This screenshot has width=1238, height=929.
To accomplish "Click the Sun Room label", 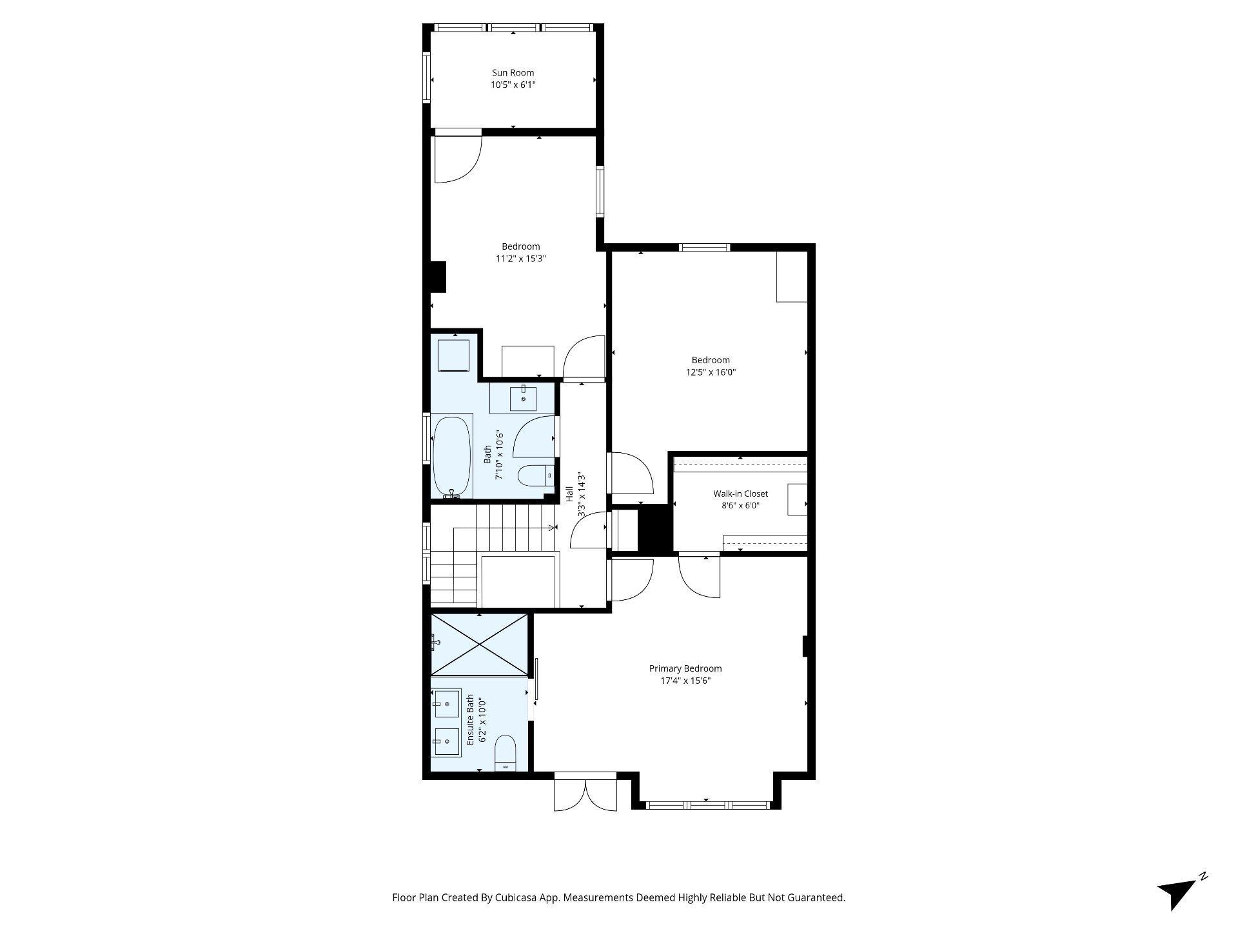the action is pos(513,73).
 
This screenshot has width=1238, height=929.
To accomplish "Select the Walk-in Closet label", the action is pos(740,494).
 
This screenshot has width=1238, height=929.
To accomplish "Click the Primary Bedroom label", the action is pos(685,669).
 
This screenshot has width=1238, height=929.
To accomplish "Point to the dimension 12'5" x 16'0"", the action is pos(711,372).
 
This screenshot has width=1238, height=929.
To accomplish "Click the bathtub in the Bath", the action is pos(451,457).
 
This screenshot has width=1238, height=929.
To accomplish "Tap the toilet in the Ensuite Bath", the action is pos(505,753).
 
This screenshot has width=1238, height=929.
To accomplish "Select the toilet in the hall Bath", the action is pos(536,475).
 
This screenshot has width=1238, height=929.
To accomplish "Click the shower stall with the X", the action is pos(479,645).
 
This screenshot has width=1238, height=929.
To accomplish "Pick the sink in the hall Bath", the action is pos(524,399).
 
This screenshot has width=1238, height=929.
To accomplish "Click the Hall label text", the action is pos(569,494).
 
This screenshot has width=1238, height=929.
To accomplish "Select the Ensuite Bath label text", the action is pos(470,720).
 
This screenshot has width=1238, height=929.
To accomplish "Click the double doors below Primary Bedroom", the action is pos(585,792).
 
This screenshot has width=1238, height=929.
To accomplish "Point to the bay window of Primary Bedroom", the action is pos(707,804).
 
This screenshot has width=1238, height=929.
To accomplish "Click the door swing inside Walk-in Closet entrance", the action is pos(700,575).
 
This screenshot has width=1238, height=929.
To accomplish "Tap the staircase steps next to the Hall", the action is pos(490,555).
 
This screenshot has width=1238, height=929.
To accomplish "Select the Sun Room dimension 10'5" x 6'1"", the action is pos(513,85).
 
